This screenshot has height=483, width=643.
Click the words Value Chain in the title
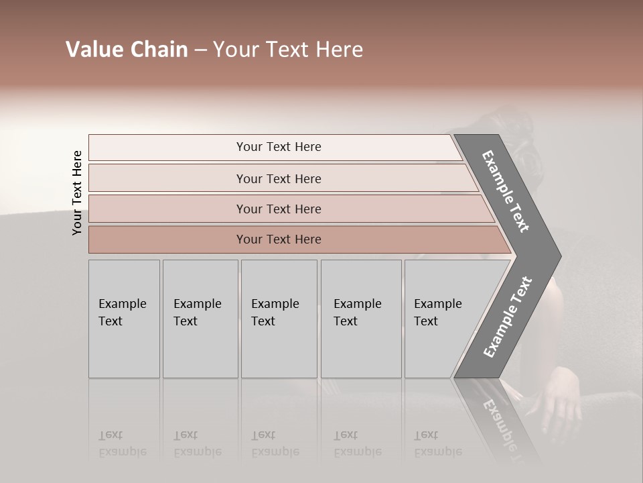click(127, 50)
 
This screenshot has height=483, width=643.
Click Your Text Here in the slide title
click(288, 50)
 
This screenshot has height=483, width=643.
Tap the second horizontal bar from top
click(278, 178)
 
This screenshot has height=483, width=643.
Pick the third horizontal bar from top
click(278, 209)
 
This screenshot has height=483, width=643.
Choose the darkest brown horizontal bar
click(278, 239)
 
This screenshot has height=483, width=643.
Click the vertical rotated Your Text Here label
click(77, 193)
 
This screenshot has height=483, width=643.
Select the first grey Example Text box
click(124, 319)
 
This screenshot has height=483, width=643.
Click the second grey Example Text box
click(200, 319)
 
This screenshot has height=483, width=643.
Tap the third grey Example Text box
click(279, 319)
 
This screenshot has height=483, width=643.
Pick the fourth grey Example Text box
click(360, 319)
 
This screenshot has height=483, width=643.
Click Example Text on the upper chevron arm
click(506, 191)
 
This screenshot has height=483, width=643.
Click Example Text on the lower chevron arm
click(508, 317)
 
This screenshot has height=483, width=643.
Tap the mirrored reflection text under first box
click(122, 443)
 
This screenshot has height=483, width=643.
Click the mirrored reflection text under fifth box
click(437, 443)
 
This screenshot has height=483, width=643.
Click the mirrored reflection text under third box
click(275, 443)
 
